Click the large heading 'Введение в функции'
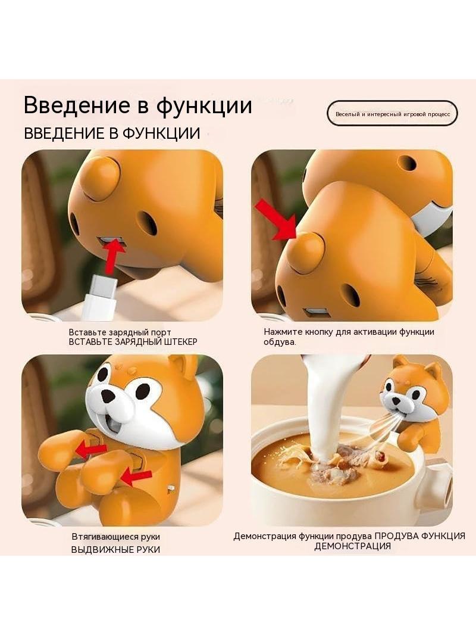(138, 105)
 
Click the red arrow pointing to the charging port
(113, 256)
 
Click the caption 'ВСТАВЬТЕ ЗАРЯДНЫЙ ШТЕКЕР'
(133, 342)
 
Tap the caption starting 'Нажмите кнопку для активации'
(349, 337)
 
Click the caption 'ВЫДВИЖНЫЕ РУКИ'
(115, 550)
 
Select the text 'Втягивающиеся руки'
(116, 537)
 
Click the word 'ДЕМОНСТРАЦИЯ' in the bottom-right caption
(353, 546)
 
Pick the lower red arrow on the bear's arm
(137, 478)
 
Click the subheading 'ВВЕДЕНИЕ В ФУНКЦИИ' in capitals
(112, 133)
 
